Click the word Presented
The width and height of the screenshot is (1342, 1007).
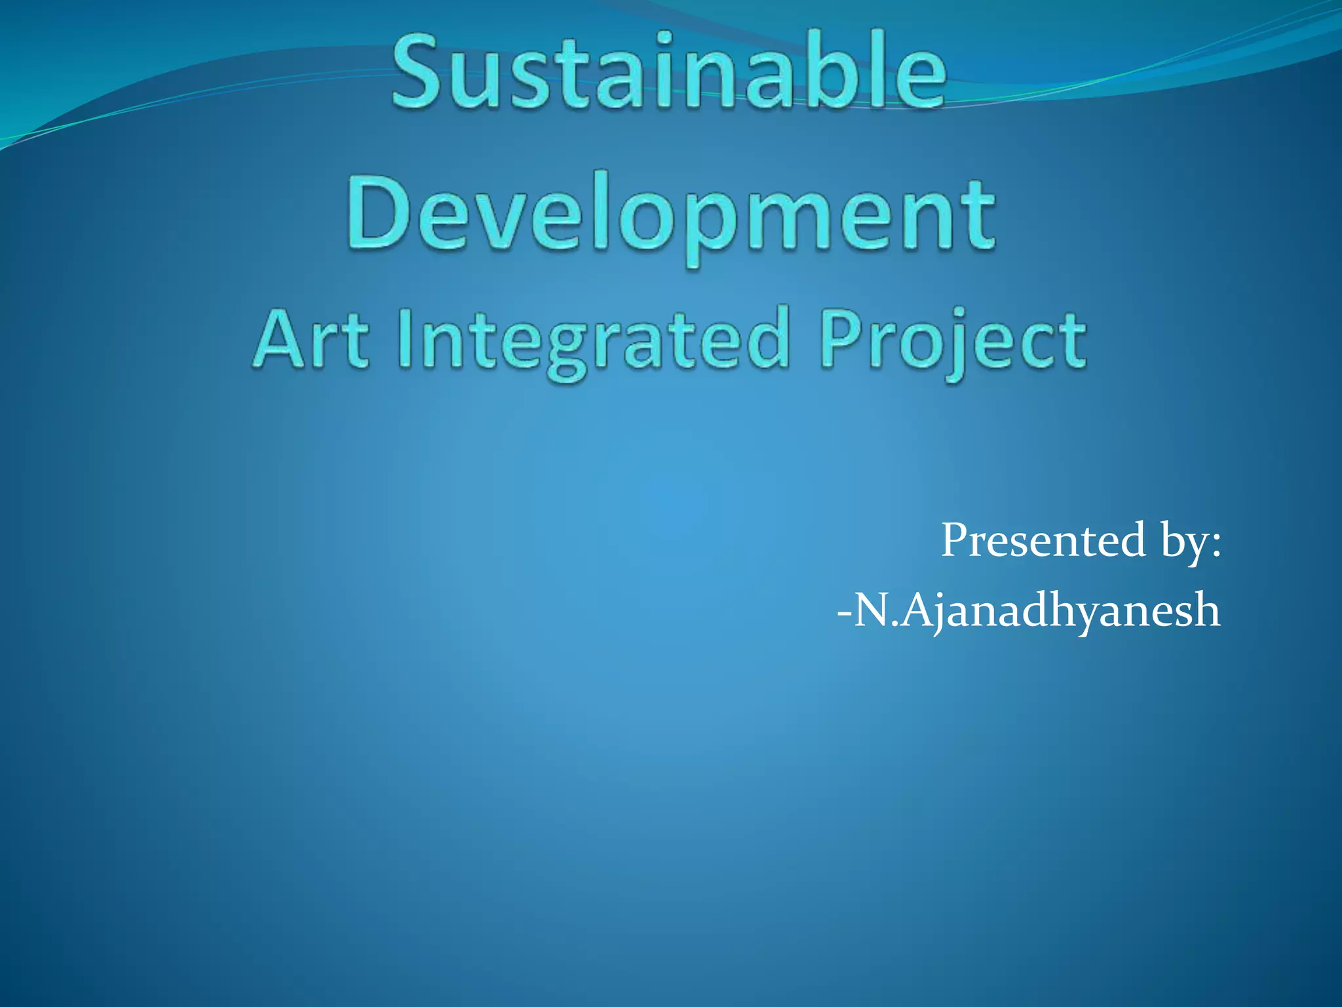1043,540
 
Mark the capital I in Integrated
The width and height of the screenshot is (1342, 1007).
406,340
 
